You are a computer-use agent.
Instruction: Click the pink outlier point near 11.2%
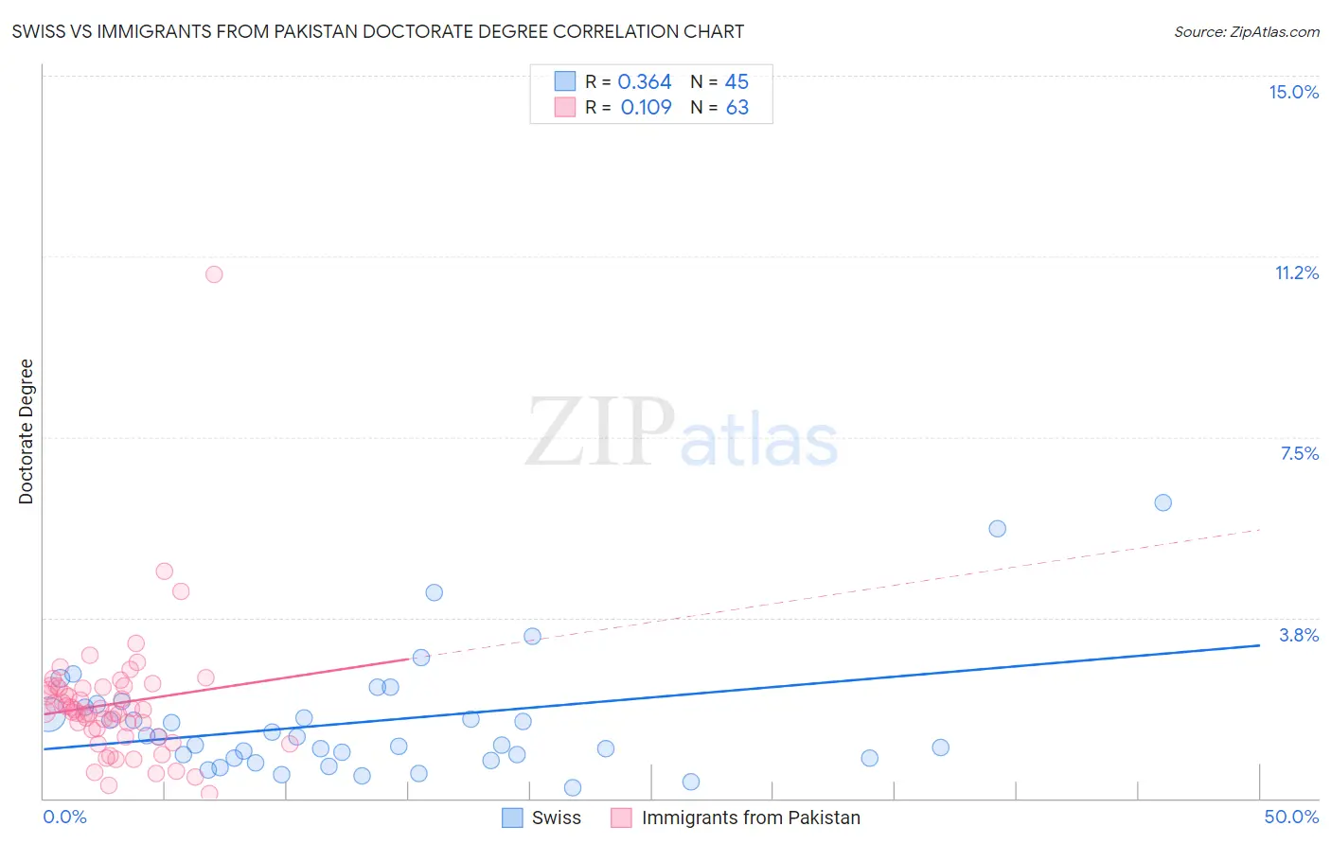click(x=214, y=274)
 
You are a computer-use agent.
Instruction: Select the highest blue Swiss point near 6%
click(x=1163, y=502)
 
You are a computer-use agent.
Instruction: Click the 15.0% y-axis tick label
click(x=1293, y=92)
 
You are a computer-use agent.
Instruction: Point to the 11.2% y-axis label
click(x=1296, y=273)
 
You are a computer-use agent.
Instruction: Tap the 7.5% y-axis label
click(x=1299, y=453)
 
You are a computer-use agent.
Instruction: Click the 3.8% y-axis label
click(x=1299, y=635)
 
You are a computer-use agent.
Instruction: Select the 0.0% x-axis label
click(x=65, y=817)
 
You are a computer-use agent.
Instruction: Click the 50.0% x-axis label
click(x=1291, y=817)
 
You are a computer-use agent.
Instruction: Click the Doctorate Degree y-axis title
click(x=26, y=431)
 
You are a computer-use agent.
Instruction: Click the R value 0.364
click(x=645, y=82)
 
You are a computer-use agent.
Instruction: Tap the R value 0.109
click(x=646, y=108)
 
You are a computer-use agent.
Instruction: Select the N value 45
click(x=736, y=82)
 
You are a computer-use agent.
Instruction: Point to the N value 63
click(x=736, y=108)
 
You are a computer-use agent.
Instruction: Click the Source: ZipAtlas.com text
click(x=1246, y=32)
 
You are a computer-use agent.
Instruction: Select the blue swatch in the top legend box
click(x=565, y=81)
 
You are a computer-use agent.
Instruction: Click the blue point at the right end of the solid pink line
click(x=421, y=657)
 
